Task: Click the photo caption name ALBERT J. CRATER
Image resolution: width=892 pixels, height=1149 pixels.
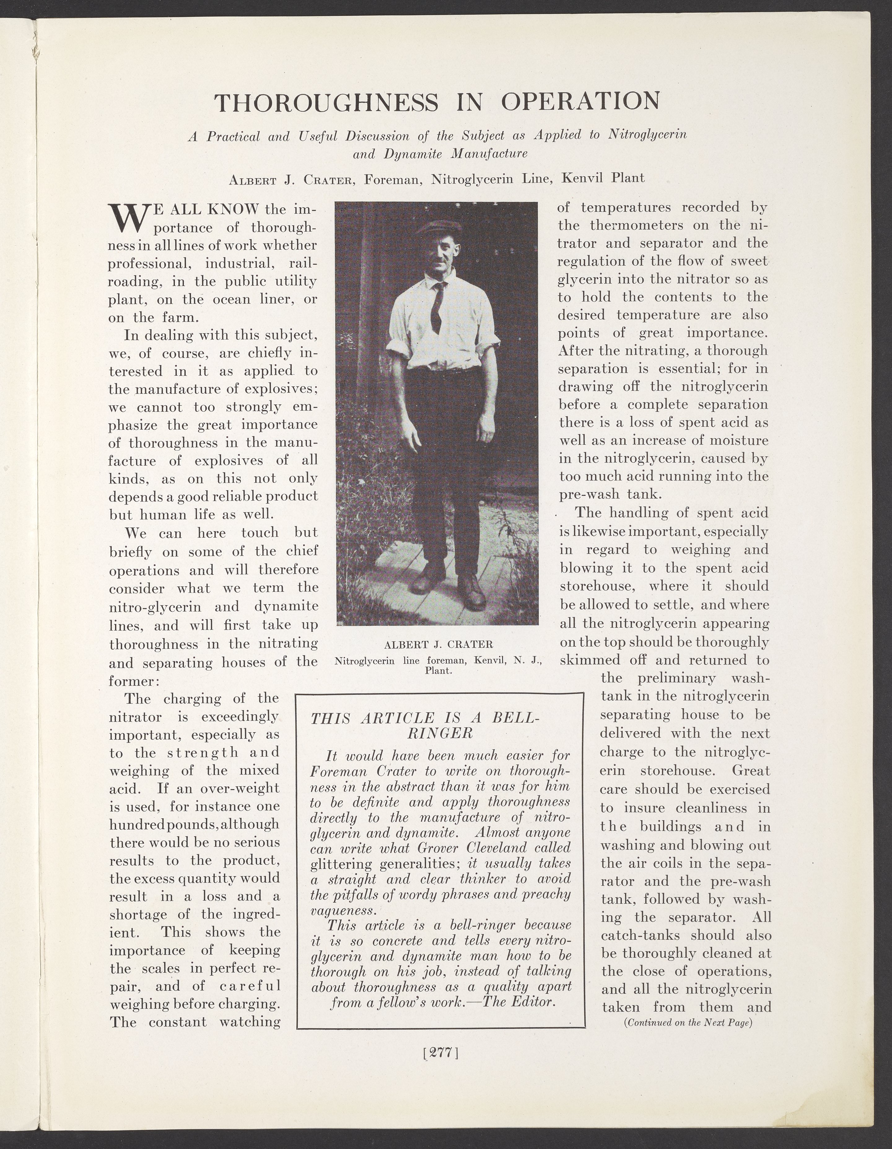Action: click(438, 644)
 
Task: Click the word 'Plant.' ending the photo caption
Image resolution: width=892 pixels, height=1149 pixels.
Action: click(439, 671)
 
